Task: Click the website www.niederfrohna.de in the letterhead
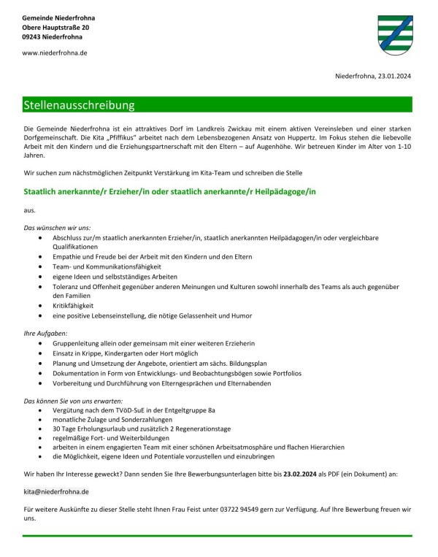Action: [x=55, y=53]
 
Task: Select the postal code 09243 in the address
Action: [x=34, y=36]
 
